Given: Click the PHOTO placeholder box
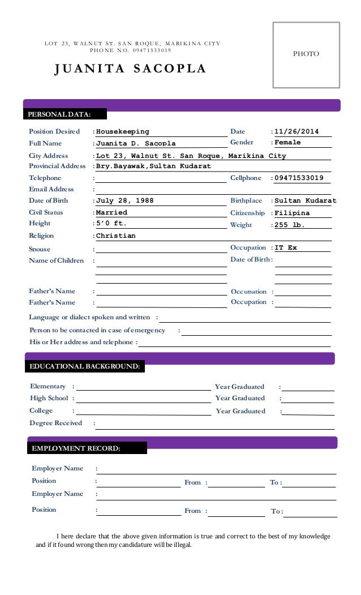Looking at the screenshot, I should pyautogui.click(x=306, y=54).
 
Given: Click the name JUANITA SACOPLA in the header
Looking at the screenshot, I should pyautogui.click(x=130, y=69).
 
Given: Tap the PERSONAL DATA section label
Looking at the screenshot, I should pyautogui.click(x=59, y=115).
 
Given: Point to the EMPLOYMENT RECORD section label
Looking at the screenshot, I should pyautogui.click(x=76, y=448).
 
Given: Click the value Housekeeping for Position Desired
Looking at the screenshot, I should pyautogui.click(x=123, y=132).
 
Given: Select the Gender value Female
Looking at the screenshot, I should pyautogui.click(x=287, y=143).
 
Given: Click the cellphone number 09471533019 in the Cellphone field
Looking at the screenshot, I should pyautogui.click(x=299, y=178).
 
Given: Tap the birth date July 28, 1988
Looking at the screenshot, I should pyautogui.click(x=125, y=201).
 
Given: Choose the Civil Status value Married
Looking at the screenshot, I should pyautogui.click(x=112, y=212).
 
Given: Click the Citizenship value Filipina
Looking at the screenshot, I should pyautogui.click(x=292, y=213).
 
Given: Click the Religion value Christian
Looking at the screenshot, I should pyautogui.click(x=116, y=236).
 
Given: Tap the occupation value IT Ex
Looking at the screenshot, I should pyautogui.click(x=286, y=248).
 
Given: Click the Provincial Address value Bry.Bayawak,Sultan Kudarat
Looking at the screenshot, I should pyautogui.click(x=153, y=166).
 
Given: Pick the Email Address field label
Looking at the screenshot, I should pyautogui.click(x=52, y=189).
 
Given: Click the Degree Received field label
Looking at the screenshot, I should pyautogui.click(x=55, y=423).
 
